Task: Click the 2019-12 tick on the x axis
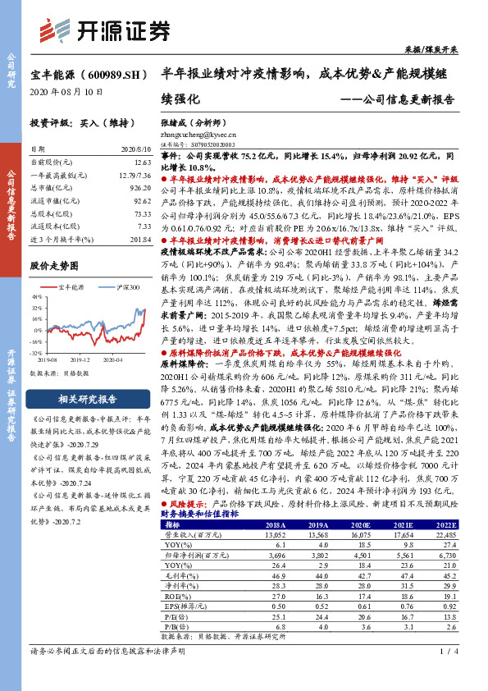80,360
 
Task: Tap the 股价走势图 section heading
54,266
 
